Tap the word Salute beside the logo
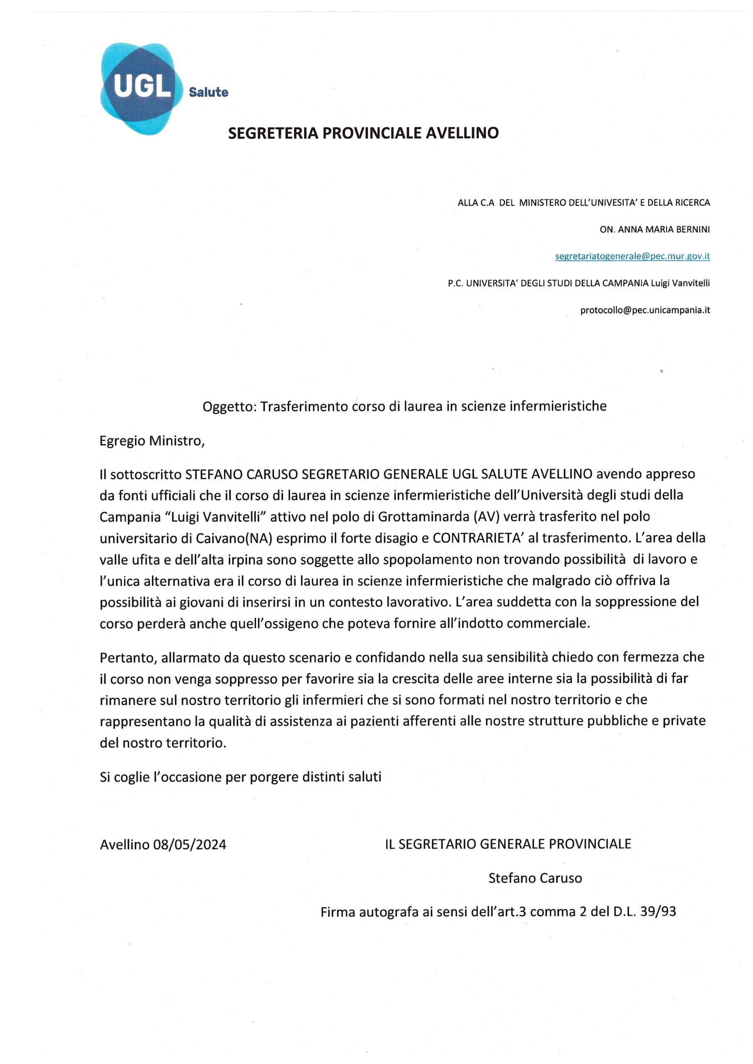[208, 92]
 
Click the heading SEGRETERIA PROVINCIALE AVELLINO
[364, 133]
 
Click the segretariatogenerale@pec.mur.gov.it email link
[632, 256]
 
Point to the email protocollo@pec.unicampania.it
[645, 310]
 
